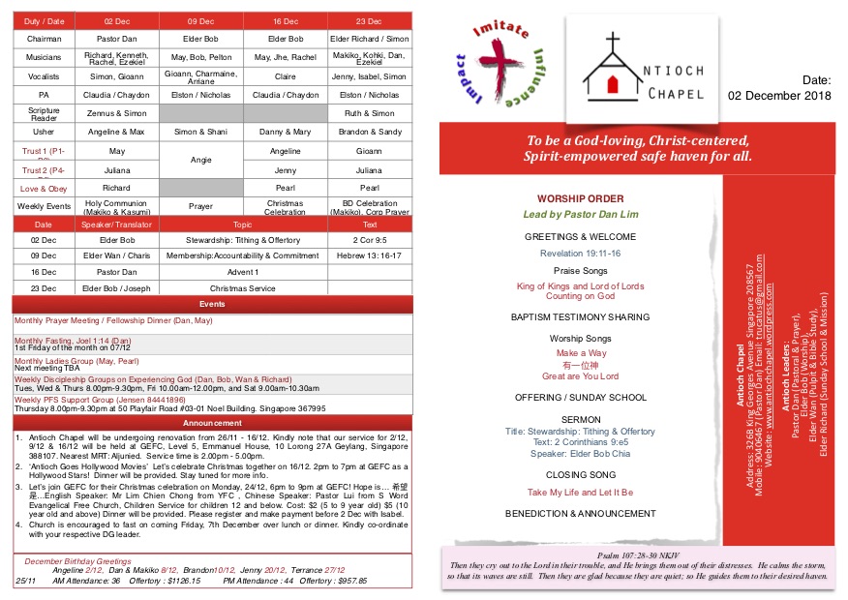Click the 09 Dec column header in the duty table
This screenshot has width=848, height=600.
tap(200, 20)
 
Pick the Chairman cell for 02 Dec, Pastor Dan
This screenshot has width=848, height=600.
tap(117, 39)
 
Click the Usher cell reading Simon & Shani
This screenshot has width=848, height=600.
tap(200, 132)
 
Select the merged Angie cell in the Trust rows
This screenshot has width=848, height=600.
tap(200, 160)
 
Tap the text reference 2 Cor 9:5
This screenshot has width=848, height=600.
tap(371, 240)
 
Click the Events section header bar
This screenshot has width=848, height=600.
tap(212, 304)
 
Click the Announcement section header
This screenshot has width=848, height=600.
tap(212, 423)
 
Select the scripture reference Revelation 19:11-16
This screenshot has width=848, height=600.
tap(580, 254)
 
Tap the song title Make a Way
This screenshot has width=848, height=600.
tap(580, 353)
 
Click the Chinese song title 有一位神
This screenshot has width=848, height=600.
tap(580, 365)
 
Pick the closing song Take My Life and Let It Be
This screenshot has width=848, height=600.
tap(580, 493)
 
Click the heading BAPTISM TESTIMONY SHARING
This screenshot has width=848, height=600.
tap(580, 316)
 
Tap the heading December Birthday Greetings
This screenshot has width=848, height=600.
tap(77, 561)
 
